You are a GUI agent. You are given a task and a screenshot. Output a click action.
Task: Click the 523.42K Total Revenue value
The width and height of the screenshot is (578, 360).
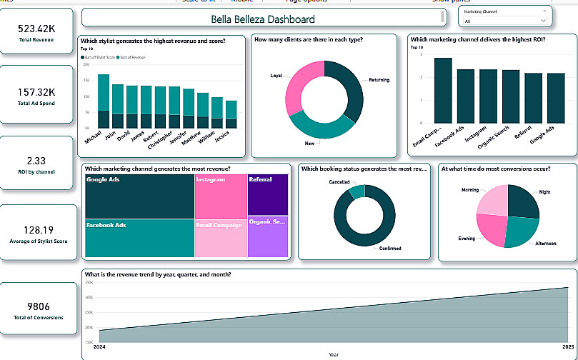(36, 29)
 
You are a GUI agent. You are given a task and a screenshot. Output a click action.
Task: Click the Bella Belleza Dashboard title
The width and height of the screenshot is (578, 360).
(263, 19)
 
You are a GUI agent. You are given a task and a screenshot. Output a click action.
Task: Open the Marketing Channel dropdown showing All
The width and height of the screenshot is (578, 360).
(505, 21)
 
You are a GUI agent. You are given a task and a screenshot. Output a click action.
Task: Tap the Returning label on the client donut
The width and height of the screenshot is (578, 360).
(379, 80)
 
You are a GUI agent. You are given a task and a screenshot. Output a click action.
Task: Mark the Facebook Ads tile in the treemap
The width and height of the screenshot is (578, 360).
(139, 238)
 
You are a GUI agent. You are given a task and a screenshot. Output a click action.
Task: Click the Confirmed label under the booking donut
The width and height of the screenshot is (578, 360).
(390, 248)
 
